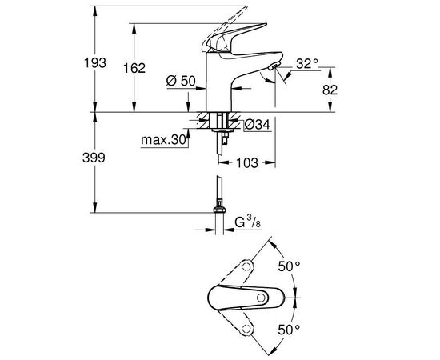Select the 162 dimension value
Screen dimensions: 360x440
click(137, 69)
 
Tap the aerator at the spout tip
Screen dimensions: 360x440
click(274, 70)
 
